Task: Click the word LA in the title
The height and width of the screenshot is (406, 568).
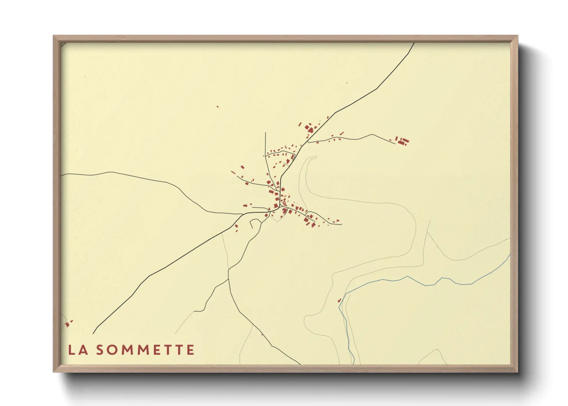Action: (78, 350)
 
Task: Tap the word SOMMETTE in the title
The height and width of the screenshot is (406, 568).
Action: (145, 350)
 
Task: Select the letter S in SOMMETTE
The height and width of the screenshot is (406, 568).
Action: (100, 350)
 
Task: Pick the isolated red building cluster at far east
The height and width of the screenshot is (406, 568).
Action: (402, 141)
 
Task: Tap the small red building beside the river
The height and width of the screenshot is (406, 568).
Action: (339, 300)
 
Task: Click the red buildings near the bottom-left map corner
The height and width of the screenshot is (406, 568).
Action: (68, 324)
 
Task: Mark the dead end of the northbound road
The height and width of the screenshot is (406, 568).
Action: (265, 133)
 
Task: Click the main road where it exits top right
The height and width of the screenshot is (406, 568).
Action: (414, 43)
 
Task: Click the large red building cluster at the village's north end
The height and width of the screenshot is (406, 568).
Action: (309, 128)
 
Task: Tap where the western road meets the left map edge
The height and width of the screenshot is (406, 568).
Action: (62, 175)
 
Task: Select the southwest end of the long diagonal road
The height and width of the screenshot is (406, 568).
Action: (93, 333)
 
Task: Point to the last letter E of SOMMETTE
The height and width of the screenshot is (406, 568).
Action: (190, 350)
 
